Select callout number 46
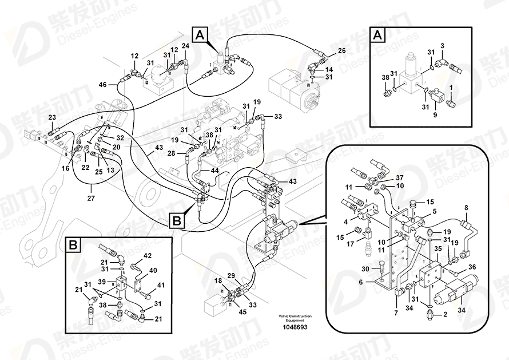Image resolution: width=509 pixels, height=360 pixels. click(102, 85)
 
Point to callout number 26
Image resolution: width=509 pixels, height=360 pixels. click(341, 50)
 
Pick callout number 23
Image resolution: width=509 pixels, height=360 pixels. click(52, 117)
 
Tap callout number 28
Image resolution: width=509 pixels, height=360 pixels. click(172, 153)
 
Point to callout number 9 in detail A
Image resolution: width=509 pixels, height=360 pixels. click(434, 114)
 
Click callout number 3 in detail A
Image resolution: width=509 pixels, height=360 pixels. click(443, 45)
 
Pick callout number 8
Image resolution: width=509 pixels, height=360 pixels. click(466, 208)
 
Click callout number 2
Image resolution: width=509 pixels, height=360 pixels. click(446, 314)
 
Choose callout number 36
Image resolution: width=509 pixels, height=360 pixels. click(472, 266)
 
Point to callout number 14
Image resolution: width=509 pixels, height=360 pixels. click(329, 70)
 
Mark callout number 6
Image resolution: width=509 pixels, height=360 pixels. click(361, 282)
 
